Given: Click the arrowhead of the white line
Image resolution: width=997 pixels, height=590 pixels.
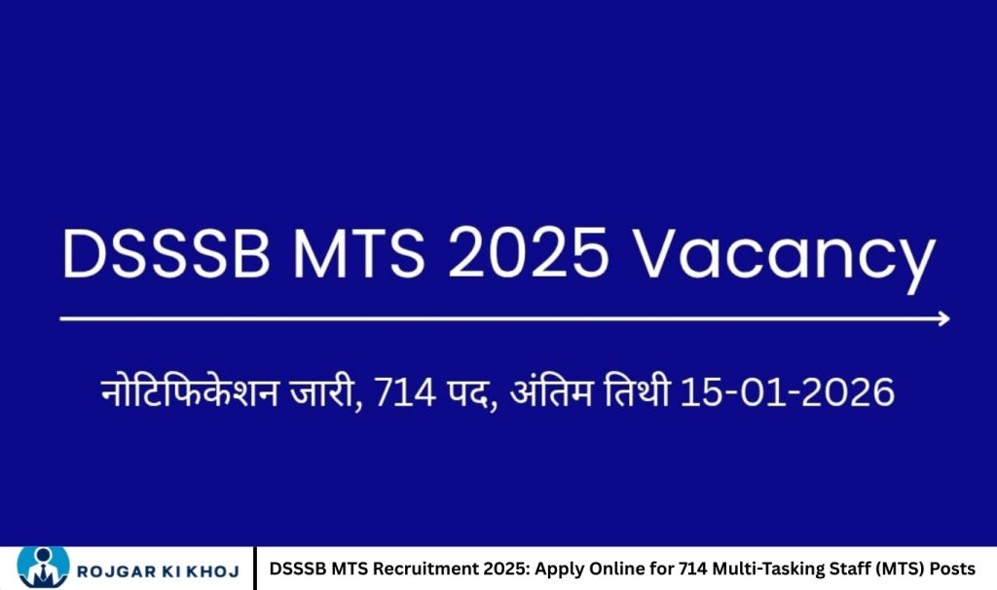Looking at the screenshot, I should point(942,318).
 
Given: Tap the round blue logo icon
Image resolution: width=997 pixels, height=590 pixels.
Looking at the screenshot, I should point(43,568).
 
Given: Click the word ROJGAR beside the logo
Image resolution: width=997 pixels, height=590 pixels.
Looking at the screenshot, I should point(123,569).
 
